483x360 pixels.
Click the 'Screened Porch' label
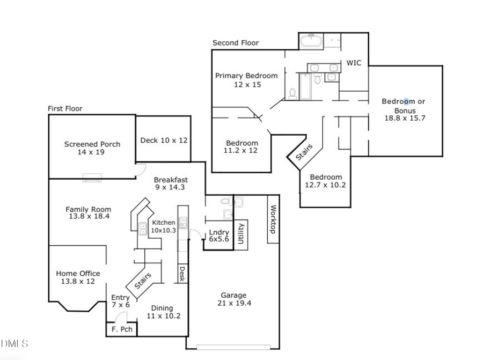[x=92, y=144]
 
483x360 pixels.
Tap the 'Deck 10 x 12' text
[x=164, y=140]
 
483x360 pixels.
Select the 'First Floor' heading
[x=65, y=108]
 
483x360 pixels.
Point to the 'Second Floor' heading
[x=236, y=43]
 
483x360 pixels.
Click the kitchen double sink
[x=143, y=229]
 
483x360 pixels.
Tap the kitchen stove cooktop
[x=183, y=223]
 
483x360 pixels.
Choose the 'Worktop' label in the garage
[x=273, y=219]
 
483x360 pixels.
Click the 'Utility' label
[x=241, y=234]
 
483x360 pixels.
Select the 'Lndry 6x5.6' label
[x=219, y=236]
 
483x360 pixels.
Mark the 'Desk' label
[x=182, y=274]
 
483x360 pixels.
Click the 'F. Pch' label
[x=121, y=329]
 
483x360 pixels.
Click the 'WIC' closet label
[x=354, y=63]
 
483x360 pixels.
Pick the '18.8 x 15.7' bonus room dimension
[x=404, y=118]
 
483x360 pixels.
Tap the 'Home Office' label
[x=78, y=274]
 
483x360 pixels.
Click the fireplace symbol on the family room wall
[x=92, y=178]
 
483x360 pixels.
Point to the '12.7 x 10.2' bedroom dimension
[x=326, y=185]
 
